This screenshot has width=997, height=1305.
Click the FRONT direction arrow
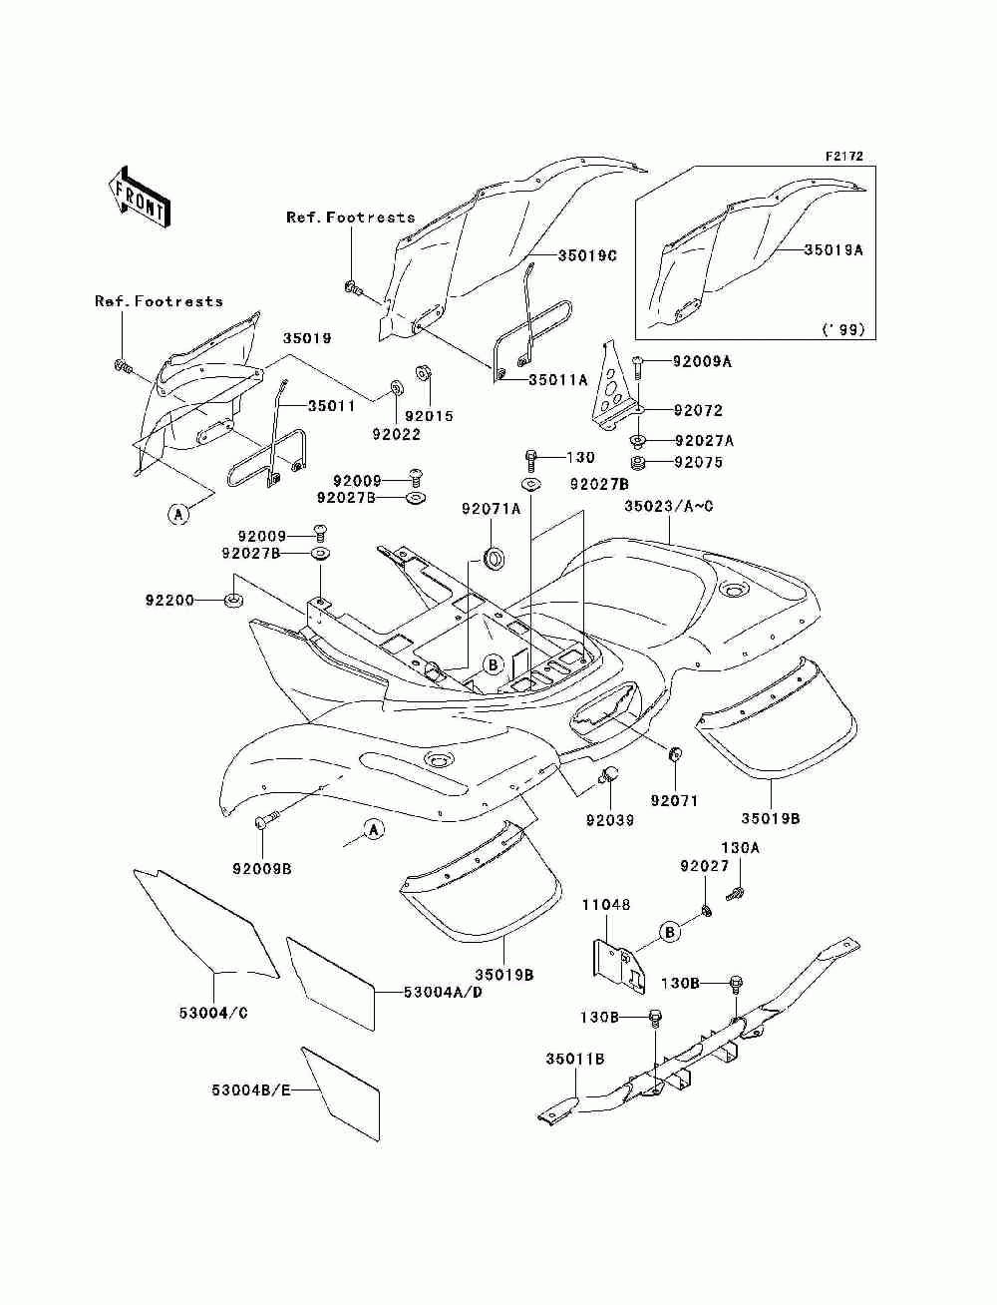[140, 197]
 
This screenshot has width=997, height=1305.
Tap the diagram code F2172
[843, 157]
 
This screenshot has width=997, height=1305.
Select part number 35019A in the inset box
[834, 250]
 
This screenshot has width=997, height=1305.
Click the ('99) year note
[843, 329]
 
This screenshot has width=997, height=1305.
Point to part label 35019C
[587, 255]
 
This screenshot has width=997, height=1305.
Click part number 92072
[698, 410]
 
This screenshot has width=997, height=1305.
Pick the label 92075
[698, 462]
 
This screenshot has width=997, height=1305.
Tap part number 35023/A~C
[668, 506]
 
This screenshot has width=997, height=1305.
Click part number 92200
[169, 601]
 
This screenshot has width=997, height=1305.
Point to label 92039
[610, 820]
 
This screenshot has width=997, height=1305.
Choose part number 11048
[606, 905]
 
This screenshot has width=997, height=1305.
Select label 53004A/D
[443, 991]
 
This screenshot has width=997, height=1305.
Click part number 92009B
[262, 869]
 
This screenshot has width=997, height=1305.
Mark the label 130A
[741, 848]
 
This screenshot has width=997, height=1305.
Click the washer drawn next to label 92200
[233, 600]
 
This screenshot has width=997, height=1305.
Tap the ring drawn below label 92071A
[495, 558]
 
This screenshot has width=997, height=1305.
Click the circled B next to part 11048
[670, 932]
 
